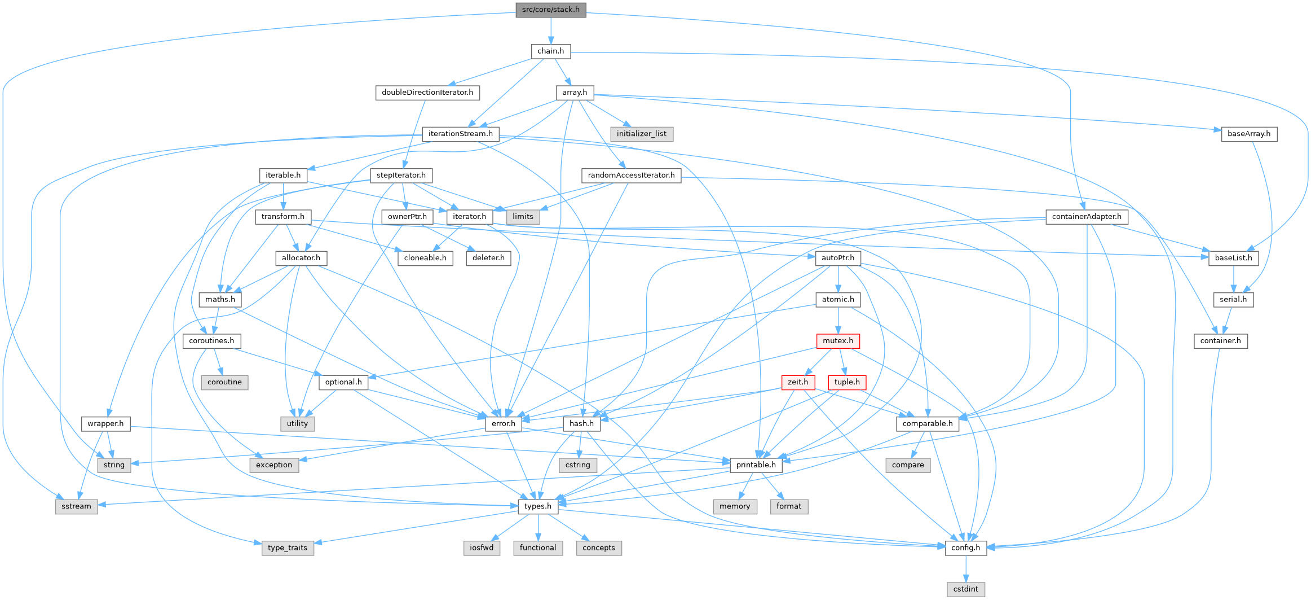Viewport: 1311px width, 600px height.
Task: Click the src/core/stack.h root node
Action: point(550,10)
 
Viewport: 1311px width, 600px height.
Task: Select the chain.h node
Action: point(550,51)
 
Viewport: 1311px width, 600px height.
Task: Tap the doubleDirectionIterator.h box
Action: point(427,93)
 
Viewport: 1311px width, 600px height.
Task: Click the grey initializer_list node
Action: point(641,134)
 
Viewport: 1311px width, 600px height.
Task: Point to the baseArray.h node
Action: point(1248,134)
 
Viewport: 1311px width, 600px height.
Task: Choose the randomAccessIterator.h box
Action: point(631,176)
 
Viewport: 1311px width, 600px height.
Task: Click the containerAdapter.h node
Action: point(1087,217)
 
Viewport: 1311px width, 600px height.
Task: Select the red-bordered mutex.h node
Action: point(838,341)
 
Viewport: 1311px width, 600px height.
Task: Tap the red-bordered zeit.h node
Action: point(798,382)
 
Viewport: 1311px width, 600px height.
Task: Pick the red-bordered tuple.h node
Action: point(847,382)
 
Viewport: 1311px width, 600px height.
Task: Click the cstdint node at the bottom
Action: point(965,589)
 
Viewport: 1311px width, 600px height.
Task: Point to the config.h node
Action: point(965,548)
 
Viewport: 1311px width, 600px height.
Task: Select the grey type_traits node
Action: point(288,548)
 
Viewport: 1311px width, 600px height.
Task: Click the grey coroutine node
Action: point(224,382)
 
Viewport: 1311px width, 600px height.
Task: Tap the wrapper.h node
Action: point(105,423)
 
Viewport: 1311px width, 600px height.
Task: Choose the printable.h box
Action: point(756,465)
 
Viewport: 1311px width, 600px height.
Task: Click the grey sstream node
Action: point(76,506)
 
